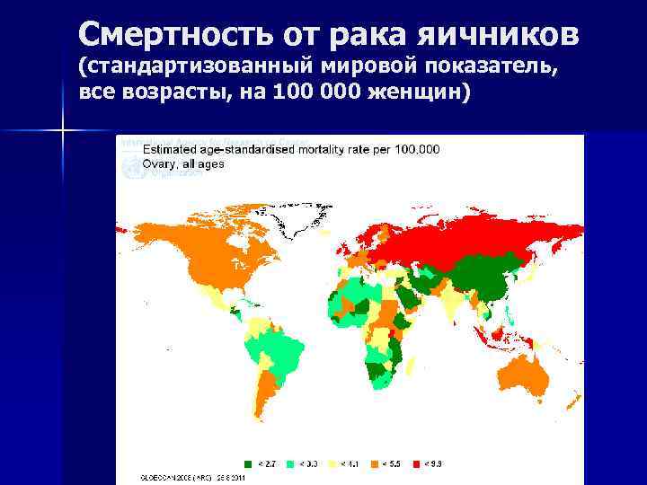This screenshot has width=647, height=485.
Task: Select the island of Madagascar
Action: (411, 366)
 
